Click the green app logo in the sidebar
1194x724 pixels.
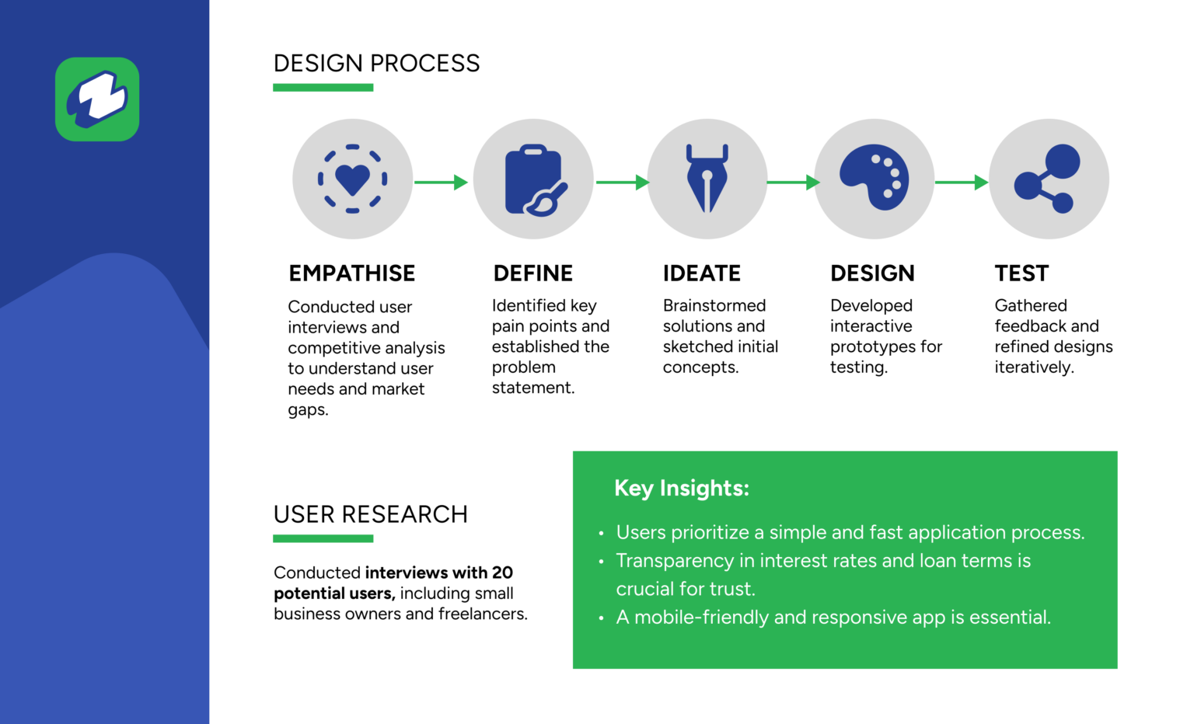click(97, 99)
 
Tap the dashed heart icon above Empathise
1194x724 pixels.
click(352, 179)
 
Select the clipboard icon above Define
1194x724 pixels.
click(536, 180)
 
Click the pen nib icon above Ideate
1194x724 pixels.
click(707, 178)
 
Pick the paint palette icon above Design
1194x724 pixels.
click(875, 177)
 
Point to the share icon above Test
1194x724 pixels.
click(1047, 179)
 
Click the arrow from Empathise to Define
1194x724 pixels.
click(441, 183)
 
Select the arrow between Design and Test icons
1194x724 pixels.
click(962, 183)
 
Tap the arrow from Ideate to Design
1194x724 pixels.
click(793, 183)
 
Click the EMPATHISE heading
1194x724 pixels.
click(352, 273)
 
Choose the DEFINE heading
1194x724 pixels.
click(533, 273)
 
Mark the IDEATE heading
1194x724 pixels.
click(701, 273)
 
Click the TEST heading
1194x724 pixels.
click(1021, 273)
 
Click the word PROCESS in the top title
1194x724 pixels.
click(425, 64)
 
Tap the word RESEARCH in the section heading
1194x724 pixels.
click(404, 514)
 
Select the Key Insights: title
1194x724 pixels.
click(682, 488)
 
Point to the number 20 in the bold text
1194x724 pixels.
click(502, 573)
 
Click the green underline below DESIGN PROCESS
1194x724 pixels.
click(323, 87)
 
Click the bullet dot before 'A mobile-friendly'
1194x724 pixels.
click(601, 618)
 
